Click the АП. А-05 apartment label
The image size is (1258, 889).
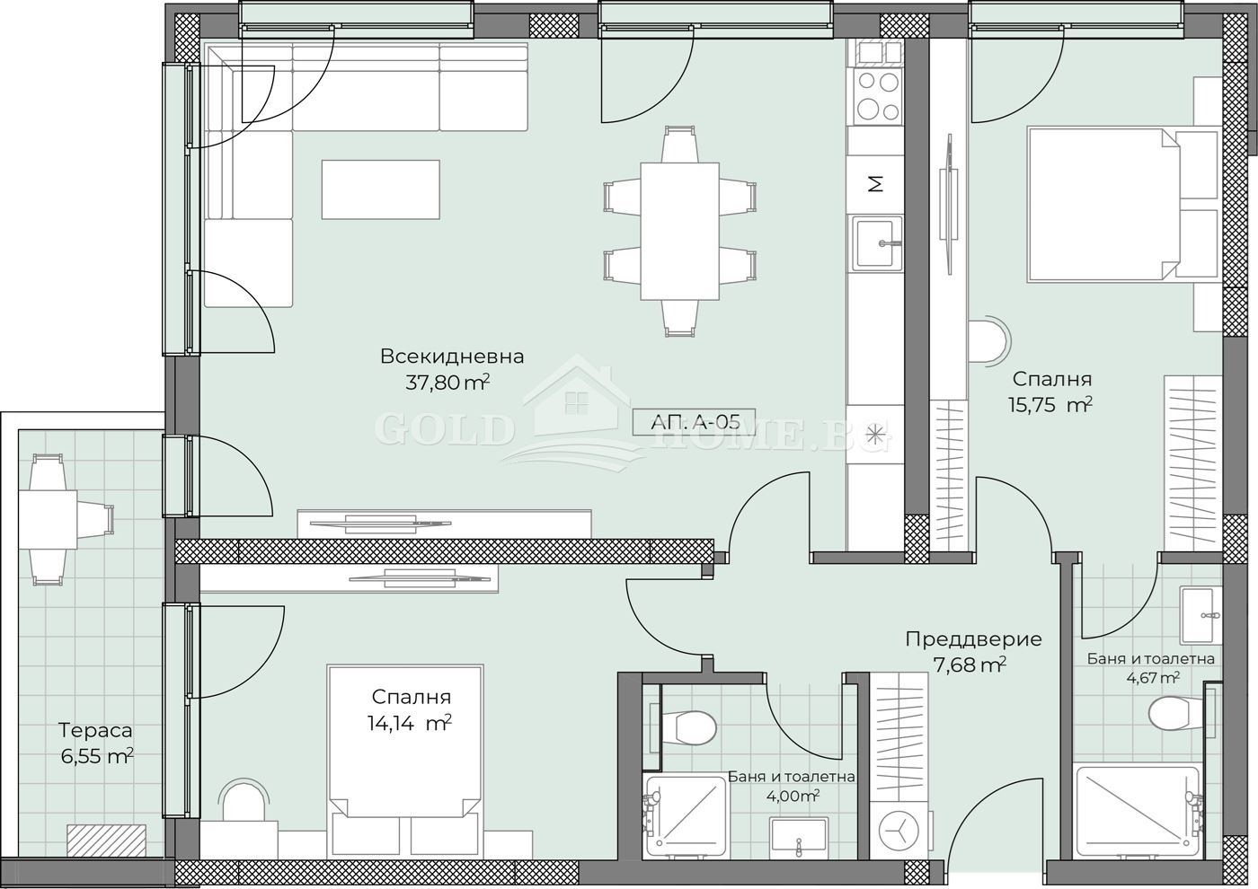[x=693, y=421]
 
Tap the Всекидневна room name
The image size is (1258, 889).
[x=451, y=356]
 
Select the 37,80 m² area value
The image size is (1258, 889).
[x=447, y=383]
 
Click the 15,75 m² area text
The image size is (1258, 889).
[x=1050, y=404]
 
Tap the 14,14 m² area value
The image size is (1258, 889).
[x=409, y=723]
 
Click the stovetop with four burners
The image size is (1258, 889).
[x=877, y=96]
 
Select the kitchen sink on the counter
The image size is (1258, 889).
[x=877, y=242]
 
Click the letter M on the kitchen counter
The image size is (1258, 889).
[x=875, y=185]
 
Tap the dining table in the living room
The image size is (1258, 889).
[x=679, y=231]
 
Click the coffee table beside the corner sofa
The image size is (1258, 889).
[x=381, y=189]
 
